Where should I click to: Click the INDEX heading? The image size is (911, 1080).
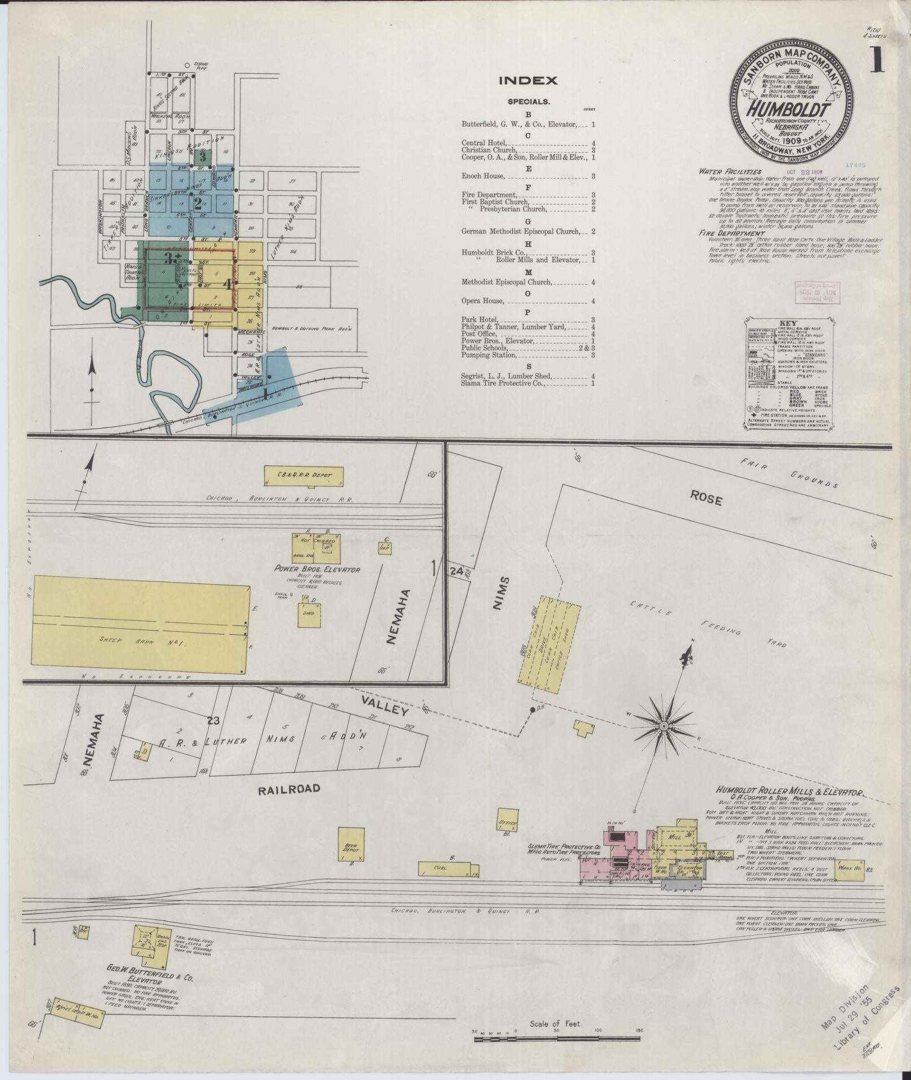(x=528, y=81)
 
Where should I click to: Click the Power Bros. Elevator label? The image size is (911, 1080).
(x=317, y=569)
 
